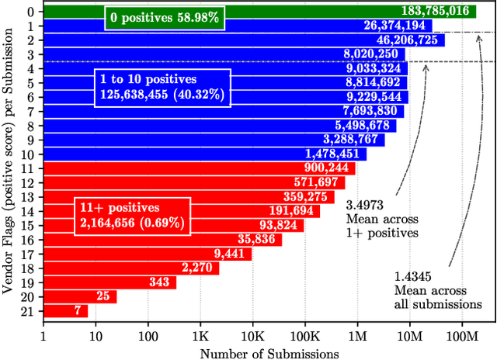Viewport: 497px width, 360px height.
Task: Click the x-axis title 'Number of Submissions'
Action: point(269,353)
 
